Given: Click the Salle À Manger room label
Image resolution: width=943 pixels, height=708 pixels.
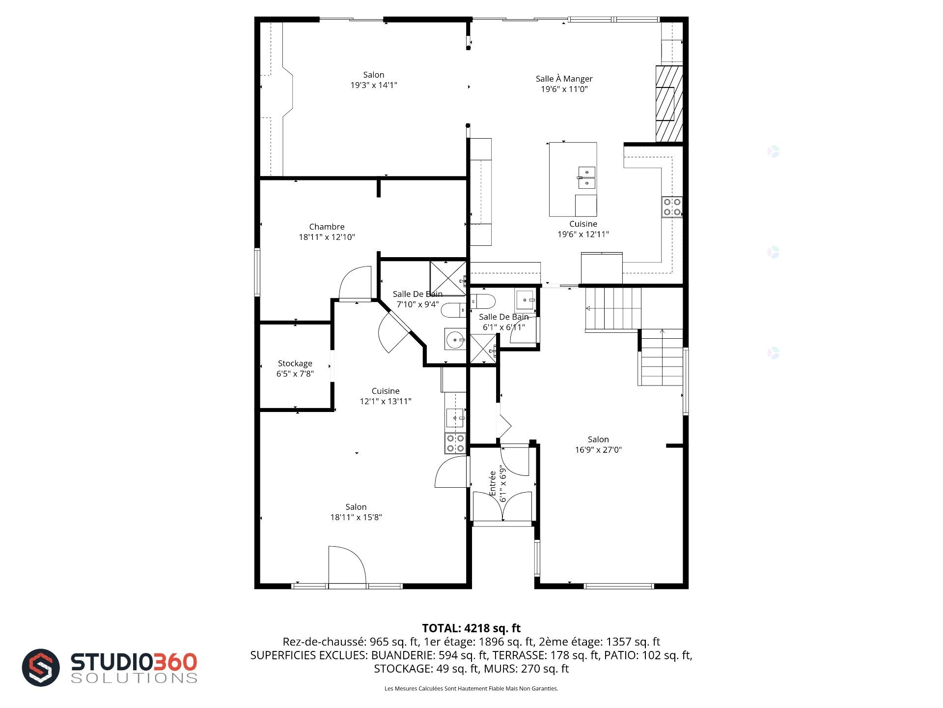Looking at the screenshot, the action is point(564,79).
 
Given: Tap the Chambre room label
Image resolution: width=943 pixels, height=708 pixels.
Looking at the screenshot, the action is point(327,227).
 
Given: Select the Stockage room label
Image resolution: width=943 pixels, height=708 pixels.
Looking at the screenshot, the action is point(295,363).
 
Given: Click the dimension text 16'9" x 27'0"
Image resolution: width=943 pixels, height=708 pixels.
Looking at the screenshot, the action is point(598,449).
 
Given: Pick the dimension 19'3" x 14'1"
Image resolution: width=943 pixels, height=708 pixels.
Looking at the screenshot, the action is point(374,85).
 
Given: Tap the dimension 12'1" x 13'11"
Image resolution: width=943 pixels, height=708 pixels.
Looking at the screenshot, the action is point(386,401).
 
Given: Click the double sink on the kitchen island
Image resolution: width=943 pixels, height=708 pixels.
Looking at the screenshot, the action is point(586,177).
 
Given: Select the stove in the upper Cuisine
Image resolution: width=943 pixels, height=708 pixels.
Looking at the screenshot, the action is point(672,206).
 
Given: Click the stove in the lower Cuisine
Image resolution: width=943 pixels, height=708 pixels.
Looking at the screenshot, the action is point(455,443).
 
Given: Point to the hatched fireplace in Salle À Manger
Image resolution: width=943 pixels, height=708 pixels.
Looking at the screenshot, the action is point(669,104).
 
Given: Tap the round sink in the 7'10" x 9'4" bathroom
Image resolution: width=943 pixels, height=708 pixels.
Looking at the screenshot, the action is point(455,339).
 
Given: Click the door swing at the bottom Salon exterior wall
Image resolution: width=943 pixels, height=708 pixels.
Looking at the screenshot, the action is point(347,565).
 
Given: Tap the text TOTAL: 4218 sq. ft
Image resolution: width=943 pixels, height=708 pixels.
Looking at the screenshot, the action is point(471,628).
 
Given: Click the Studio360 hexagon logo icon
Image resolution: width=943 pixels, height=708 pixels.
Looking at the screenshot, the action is point(41,668).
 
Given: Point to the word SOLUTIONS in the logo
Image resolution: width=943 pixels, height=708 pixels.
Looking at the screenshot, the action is point(134,678).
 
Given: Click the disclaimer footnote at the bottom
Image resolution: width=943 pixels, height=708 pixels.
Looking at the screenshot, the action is point(471,688).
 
